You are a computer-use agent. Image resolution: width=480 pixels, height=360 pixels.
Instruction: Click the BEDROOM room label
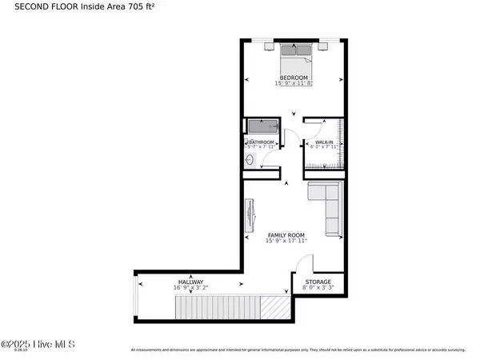click(x=293, y=78)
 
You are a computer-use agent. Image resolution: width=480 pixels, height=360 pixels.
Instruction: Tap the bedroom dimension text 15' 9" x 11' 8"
click(x=293, y=84)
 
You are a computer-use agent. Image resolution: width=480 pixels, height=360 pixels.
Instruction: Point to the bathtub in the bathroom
click(x=262, y=126)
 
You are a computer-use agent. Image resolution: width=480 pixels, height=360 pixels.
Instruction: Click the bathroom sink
click(x=249, y=160)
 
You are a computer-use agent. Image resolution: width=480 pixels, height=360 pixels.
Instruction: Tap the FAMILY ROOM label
click(x=286, y=235)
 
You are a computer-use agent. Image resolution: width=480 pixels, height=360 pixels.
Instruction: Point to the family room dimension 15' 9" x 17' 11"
click(x=286, y=242)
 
